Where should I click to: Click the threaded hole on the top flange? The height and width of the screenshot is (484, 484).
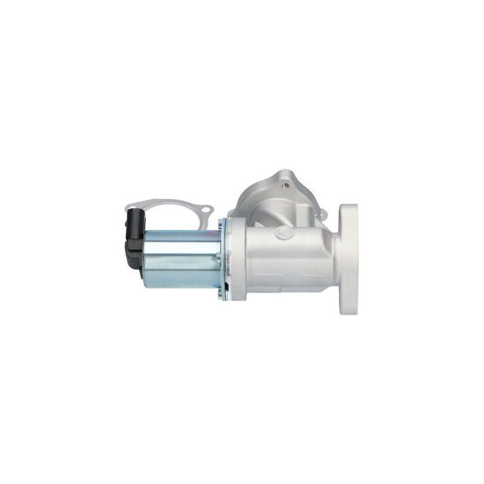pyautogui.click(x=288, y=181)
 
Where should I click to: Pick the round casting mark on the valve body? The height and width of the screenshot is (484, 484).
pyautogui.click(x=285, y=231)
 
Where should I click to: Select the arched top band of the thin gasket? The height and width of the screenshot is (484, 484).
pyautogui.click(x=168, y=200)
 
